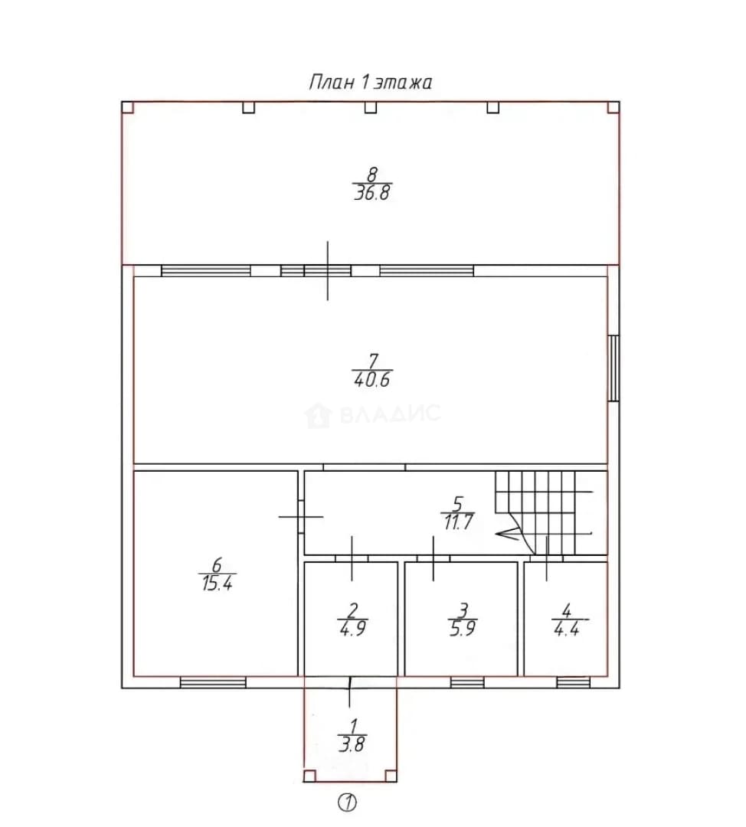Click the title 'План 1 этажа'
pyautogui.click(x=371, y=83)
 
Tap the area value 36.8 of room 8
pyautogui.click(x=372, y=192)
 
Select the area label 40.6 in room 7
pyautogui.click(x=372, y=380)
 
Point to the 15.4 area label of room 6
pyautogui.click(x=217, y=583)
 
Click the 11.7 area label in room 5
pyautogui.click(x=458, y=522)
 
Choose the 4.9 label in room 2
pyautogui.click(x=352, y=628)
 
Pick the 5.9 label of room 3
pyautogui.click(x=463, y=628)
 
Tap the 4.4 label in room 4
pyautogui.click(x=567, y=628)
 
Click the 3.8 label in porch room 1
pyautogui.click(x=352, y=744)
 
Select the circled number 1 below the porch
pyautogui.click(x=347, y=802)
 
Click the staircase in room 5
pyautogui.click(x=544, y=512)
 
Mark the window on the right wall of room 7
pyautogui.click(x=613, y=368)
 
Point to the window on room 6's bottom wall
pyautogui.click(x=213, y=682)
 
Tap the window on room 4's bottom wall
pyautogui.click(x=574, y=682)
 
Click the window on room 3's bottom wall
pyautogui.click(x=467, y=682)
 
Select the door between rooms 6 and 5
pyautogui.click(x=301, y=516)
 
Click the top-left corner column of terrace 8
pyautogui.click(x=128, y=108)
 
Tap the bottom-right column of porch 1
pyautogui.click(x=391, y=776)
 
